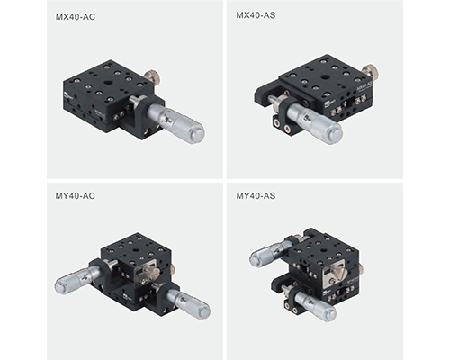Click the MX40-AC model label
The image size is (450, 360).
tap(76, 17)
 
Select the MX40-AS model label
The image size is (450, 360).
tap(256, 15)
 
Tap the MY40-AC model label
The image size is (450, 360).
tap(76, 196)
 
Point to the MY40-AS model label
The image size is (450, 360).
tap(256, 196)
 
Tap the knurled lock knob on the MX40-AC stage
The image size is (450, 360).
tap(151, 76)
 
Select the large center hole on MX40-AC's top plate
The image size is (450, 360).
tap(107, 84)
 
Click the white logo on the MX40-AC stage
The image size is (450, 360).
tap(67, 96)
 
